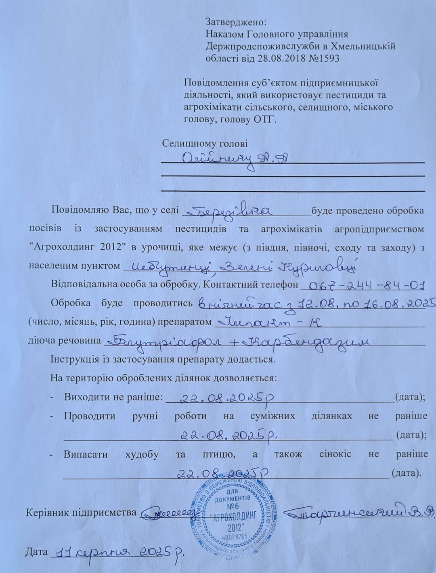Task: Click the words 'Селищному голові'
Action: (205, 144)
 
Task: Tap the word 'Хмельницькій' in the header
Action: (366, 46)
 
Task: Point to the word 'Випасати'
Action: (86, 454)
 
